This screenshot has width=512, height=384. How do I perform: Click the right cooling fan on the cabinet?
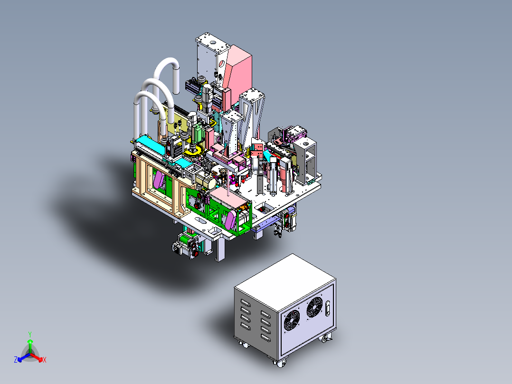click(x=314, y=307)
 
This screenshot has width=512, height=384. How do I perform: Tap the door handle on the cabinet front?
click(x=328, y=308)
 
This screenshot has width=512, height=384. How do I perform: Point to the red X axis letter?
click(x=45, y=360)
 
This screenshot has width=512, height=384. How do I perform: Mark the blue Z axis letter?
click(x=16, y=359)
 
